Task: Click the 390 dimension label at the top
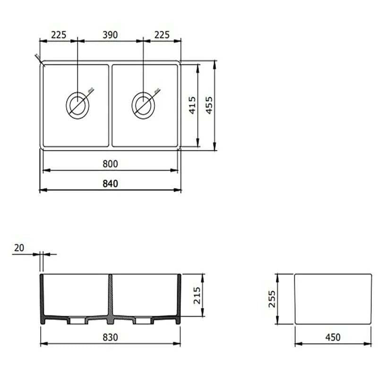point(110,35)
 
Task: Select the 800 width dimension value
point(110,164)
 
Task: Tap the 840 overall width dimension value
point(110,184)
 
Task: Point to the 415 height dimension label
point(192,105)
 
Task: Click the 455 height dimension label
point(209,105)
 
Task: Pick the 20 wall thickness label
point(19,248)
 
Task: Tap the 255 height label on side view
point(272,299)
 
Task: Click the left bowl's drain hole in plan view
point(77,104)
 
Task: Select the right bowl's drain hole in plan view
point(143,104)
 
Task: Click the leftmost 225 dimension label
point(59,35)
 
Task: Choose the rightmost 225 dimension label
point(161,35)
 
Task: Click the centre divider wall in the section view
point(110,298)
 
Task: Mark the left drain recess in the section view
point(77,321)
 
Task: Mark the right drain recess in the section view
point(143,321)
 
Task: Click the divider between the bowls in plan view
point(110,105)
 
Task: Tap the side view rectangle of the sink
point(333,299)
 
